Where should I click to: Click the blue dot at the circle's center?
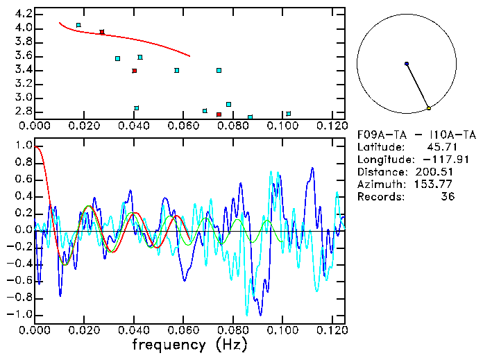407,64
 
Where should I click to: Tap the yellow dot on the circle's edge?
429,108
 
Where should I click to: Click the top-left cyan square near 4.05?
78,25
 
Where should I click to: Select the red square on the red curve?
102,32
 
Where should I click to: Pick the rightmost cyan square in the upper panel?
289,114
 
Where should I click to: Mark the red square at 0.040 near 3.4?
135,71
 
